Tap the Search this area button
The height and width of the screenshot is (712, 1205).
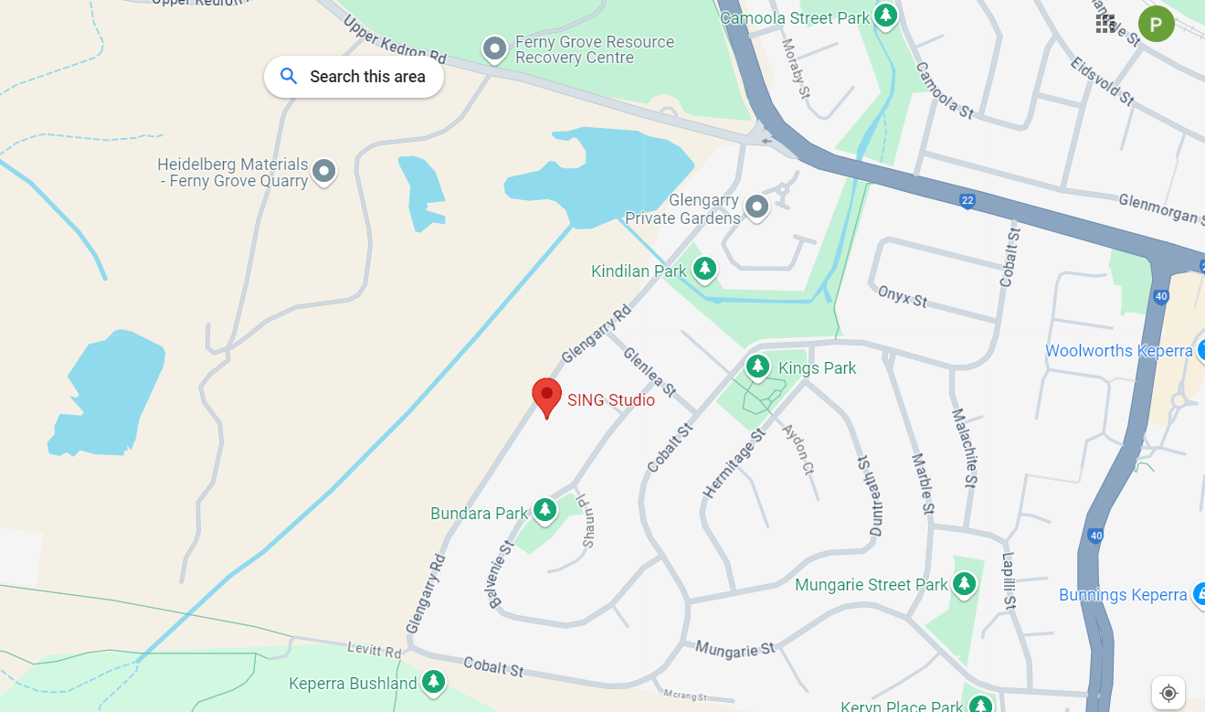pyautogui.click(x=354, y=77)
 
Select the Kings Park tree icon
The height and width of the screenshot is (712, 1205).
pyautogui.click(x=757, y=367)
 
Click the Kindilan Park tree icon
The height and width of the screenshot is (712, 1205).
pyautogui.click(x=703, y=269)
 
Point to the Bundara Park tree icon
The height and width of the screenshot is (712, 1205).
pyautogui.click(x=545, y=510)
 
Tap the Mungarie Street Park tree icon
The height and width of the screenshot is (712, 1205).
pyautogui.click(x=964, y=583)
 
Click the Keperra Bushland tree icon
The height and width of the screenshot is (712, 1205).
pyautogui.click(x=433, y=681)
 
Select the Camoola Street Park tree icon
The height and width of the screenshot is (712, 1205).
pyautogui.click(x=884, y=16)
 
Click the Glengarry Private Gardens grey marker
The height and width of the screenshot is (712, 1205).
pyautogui.click(x=756, y=207)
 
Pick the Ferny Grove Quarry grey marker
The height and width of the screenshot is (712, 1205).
pyautogui.click(x=323, y=171)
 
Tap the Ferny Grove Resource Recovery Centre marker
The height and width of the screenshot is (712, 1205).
pyautogui.click(x=494, y=48)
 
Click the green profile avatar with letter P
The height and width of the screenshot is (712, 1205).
pyautogui.click(x=1156, y=24)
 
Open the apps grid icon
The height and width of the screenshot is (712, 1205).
pyautogui.click(x=1105, y=24)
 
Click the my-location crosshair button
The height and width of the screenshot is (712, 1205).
pyautogui.click(x=1168, y=693)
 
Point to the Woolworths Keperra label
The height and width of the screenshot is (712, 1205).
pyautogui.click(x=1118, y=351)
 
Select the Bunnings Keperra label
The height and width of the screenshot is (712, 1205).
pyautogui.click(x=1123, y=595)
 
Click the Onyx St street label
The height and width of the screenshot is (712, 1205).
pyautogui.click(x=903, y=296)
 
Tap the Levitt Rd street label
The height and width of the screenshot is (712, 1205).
pyautogui.click(x=375, y=651)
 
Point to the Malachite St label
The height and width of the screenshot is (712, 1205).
pyautogui.click(x=965, y=446)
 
